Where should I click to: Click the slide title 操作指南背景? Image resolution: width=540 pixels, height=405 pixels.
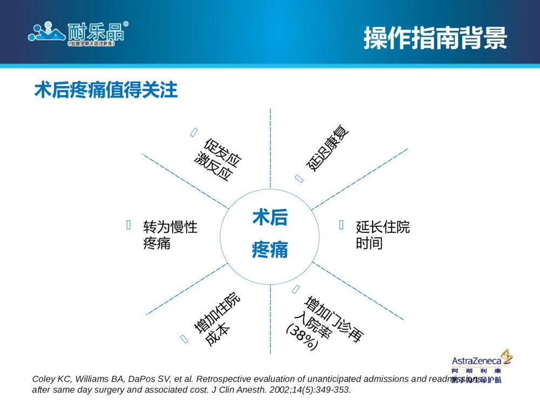click(435, 37)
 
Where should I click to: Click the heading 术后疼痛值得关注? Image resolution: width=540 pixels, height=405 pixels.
click(106, 90)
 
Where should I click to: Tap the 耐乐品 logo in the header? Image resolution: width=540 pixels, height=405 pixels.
click(79, 33)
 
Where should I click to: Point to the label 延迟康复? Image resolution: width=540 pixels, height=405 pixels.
click(328, 148)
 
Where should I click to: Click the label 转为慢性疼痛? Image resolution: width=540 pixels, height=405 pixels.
click(170, 235)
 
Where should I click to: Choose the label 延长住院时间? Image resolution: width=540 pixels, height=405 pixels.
click(383, 235)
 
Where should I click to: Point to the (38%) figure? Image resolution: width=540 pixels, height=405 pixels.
click(302, 337)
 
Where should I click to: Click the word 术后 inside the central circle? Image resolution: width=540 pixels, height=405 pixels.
click(270, 218)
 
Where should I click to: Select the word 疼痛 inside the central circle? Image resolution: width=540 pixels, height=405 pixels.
click(270, 250)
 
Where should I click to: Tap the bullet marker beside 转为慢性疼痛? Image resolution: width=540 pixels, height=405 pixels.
click(129, 225)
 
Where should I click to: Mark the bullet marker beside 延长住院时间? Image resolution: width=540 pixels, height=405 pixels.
click(341, 225)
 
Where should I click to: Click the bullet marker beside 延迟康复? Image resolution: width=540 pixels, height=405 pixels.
click(299, 178)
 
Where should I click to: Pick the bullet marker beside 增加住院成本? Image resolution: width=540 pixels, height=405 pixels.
click(184, 339)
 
